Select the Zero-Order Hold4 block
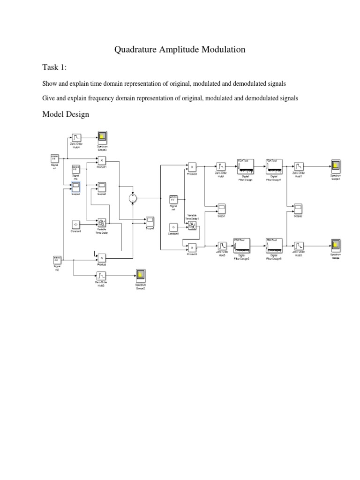[76, 137]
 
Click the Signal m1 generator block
[54, 158]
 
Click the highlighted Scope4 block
[76, 187]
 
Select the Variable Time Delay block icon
[102, 222]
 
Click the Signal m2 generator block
[57, 259]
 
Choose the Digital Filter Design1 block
[274, 167]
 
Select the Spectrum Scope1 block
[335, 167]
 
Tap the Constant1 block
[173, 227]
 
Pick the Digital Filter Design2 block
[241, 246]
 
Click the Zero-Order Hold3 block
[299, 246]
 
